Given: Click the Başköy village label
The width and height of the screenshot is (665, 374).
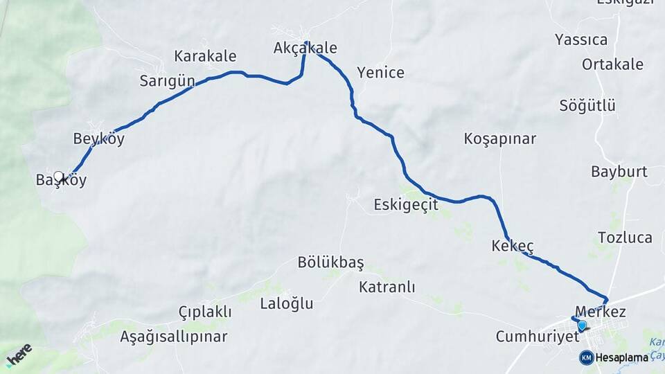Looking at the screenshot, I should [x=62, y=181].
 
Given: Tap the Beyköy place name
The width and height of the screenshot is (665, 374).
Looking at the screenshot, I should [x=99, y=139].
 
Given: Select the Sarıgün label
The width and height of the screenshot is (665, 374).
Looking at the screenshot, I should [x=167, y=81].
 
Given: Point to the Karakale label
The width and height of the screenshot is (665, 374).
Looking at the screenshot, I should [x=205, y=56].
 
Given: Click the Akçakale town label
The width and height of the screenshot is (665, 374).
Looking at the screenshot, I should [x=305, y=48].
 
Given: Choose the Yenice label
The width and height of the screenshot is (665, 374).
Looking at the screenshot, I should [x=380, y=72].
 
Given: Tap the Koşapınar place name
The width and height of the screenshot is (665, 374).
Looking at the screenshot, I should [x=500, y=139].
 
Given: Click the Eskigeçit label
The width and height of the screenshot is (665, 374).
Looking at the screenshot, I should [x=406, y=205].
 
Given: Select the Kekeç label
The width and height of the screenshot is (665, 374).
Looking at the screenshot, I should [x=513, y=246].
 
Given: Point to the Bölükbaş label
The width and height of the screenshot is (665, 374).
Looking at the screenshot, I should [x=330, y=262].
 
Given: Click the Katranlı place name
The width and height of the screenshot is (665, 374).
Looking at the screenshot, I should [x=387, y=287].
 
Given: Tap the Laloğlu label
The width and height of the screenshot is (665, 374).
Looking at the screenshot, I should [x=287, y=303].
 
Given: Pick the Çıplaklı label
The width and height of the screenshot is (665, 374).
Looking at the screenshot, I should [x=205, y=312].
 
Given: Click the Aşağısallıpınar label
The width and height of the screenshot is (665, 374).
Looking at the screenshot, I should [x=174, y=337].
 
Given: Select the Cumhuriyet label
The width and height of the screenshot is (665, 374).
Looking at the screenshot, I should [x=537, y=337].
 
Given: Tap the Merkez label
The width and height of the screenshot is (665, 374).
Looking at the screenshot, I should [x=601, y=312].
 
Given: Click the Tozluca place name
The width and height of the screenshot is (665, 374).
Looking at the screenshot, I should [x=625, y=238].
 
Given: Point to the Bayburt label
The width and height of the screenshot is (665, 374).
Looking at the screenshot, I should [x=619, y=172].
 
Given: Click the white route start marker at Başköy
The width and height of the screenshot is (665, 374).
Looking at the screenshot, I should [x=59, y=177].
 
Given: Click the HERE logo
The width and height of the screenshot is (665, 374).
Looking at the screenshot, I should [x=19, y=355].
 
